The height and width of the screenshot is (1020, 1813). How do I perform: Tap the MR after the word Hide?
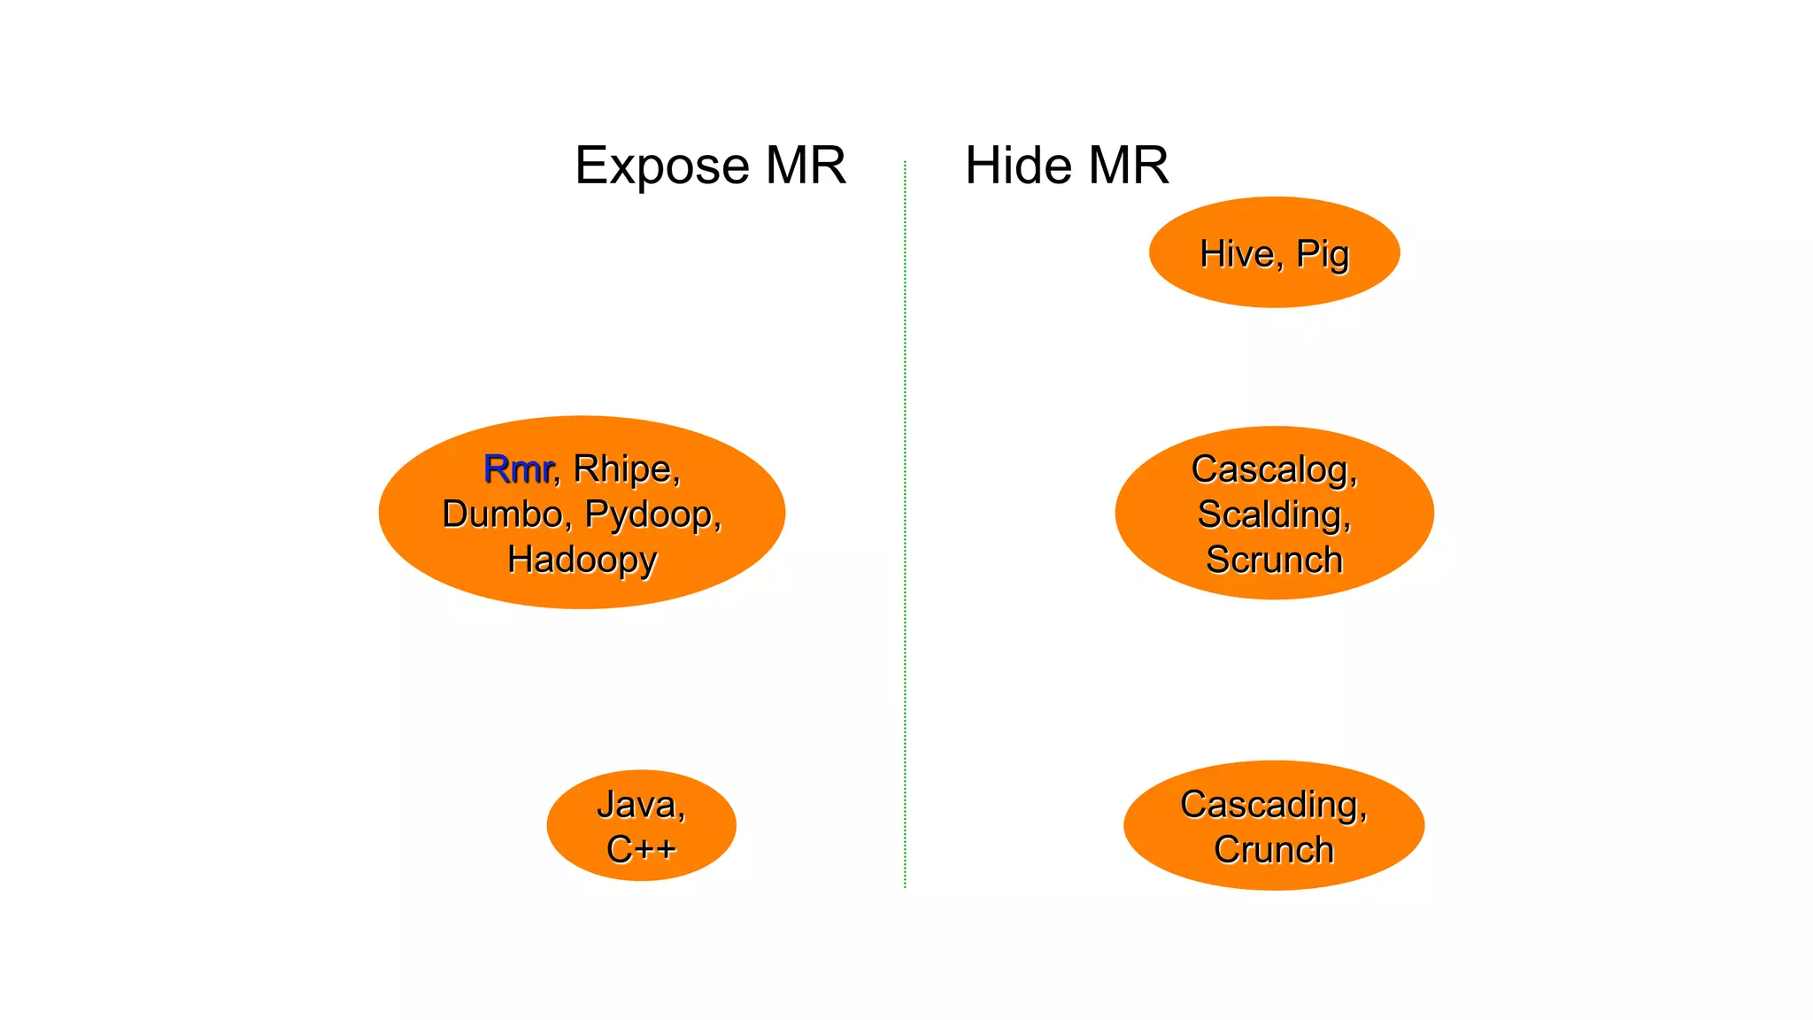1129,166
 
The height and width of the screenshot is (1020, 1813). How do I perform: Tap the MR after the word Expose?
806,166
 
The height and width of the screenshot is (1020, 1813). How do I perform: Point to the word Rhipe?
626,469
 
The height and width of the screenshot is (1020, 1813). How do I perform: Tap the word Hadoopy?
582,560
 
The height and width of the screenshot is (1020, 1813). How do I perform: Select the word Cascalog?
1273,470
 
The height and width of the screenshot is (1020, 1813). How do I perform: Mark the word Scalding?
1273,515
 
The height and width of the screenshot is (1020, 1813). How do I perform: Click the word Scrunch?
1274,560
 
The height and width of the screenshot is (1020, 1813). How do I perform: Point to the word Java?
640,805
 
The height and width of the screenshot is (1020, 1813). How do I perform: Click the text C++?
641,850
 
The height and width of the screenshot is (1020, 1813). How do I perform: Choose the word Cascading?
1273,805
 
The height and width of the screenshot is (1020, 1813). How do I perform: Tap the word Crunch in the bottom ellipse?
1273,850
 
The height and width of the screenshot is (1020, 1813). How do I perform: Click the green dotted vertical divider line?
905,531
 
